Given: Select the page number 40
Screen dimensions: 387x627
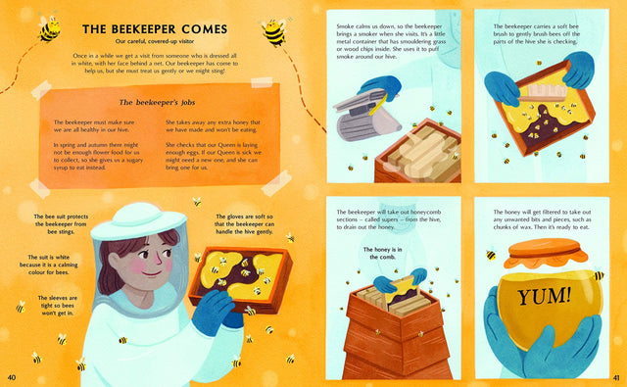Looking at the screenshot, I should tap(12, 377).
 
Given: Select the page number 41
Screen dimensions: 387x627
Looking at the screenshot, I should tap(615, 377).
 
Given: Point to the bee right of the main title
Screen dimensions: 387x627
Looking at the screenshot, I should tap(274, 33).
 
